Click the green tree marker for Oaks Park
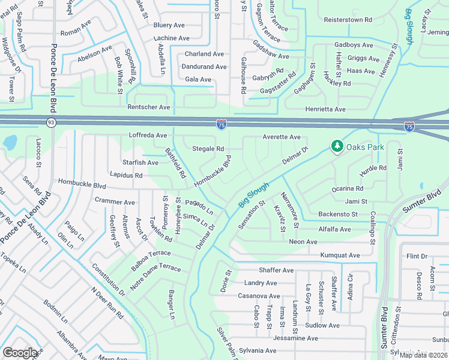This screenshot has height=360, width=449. tap(337, 146)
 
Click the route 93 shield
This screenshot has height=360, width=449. tap(51, 122)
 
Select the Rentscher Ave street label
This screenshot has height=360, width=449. tap(149, 107)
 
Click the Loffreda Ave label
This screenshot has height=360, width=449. tap(148, 136)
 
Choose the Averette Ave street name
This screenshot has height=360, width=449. tap(281, 137)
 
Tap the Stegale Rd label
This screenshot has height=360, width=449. tap(208, 149)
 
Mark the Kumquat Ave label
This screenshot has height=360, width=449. tap(340, 256)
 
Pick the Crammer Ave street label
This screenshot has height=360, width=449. tap(115, 202)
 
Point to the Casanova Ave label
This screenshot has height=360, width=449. tap(259, 296)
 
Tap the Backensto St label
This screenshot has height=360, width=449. tap(338, 214)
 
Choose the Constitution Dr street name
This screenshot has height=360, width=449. tap(109, 281)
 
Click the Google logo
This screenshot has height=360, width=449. tap(20, 353)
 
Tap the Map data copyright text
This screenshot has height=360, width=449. tap(423, 355)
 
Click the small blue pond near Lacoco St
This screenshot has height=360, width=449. tap(10, 143)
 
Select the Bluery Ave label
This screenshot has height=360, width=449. tap(169, 25)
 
